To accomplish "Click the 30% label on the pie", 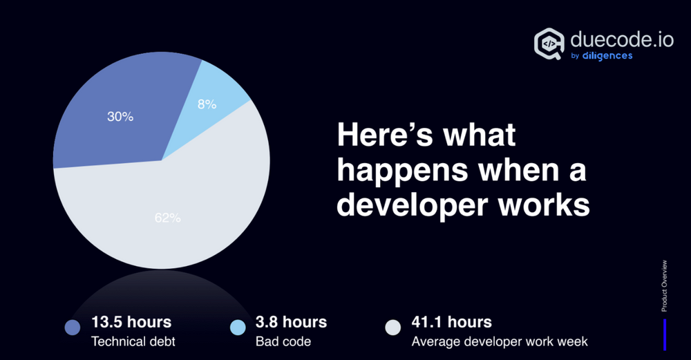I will coord(120,117).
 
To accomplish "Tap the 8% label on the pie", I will coord(207,104).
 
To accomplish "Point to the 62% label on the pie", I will coord(167,218).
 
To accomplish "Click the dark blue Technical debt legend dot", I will coord(73,328).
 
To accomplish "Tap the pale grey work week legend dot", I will coord(393,328).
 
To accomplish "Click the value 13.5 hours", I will coord(131,321).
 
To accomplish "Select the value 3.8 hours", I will coord(291,321).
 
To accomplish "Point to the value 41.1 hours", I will coord(452,321).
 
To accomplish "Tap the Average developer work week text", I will coord(499,341).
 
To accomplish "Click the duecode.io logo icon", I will coord(550,44).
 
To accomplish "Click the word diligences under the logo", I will coord(607,56).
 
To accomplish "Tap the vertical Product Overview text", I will coord(665,285).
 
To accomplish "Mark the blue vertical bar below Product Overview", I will coord(665,333).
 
